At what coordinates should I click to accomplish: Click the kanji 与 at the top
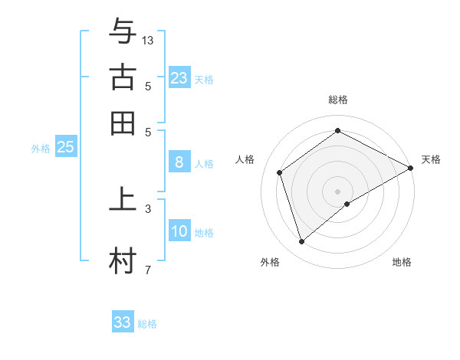tap(123, 31)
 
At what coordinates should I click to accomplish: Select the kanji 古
tap(123, 77)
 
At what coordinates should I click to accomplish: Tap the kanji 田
tap(123, 123)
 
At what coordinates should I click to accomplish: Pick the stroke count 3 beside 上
tap(148, 208)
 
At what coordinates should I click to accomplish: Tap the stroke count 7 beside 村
tap(148, 270)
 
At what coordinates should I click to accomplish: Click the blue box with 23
tap(179, 77)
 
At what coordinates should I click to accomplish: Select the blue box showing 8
tap(179, 162)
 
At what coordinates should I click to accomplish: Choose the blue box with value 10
tap(179, 231)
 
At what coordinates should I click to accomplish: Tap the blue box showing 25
tap(66, 147)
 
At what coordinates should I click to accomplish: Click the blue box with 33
tap(123, 322)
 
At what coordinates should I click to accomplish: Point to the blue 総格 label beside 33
tap(147, 324)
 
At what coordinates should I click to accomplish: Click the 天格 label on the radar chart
tap(431, 159)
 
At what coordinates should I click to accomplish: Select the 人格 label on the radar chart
tap(245, 159)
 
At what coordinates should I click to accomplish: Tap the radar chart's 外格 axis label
tap(269, 262)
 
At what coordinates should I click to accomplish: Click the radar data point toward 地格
tap(347, 204)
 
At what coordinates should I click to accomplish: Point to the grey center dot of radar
tap(338, 191)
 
